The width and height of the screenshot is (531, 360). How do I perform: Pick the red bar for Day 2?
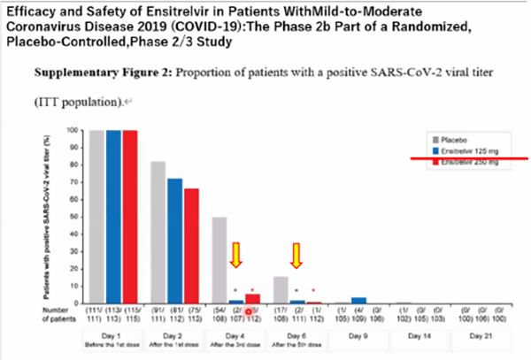pyautogui.click(x=191, y=245)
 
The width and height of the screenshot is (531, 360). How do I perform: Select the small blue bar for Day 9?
pyautogui.click(x=358, y=301)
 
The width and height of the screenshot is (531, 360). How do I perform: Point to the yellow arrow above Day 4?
pyautogui.click(x=235, y=256)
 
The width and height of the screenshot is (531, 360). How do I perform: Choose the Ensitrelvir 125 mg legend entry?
pyautogui.click(x=466, y=151)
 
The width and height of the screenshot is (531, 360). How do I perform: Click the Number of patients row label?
pyautogui.click(x=54, y=316)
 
